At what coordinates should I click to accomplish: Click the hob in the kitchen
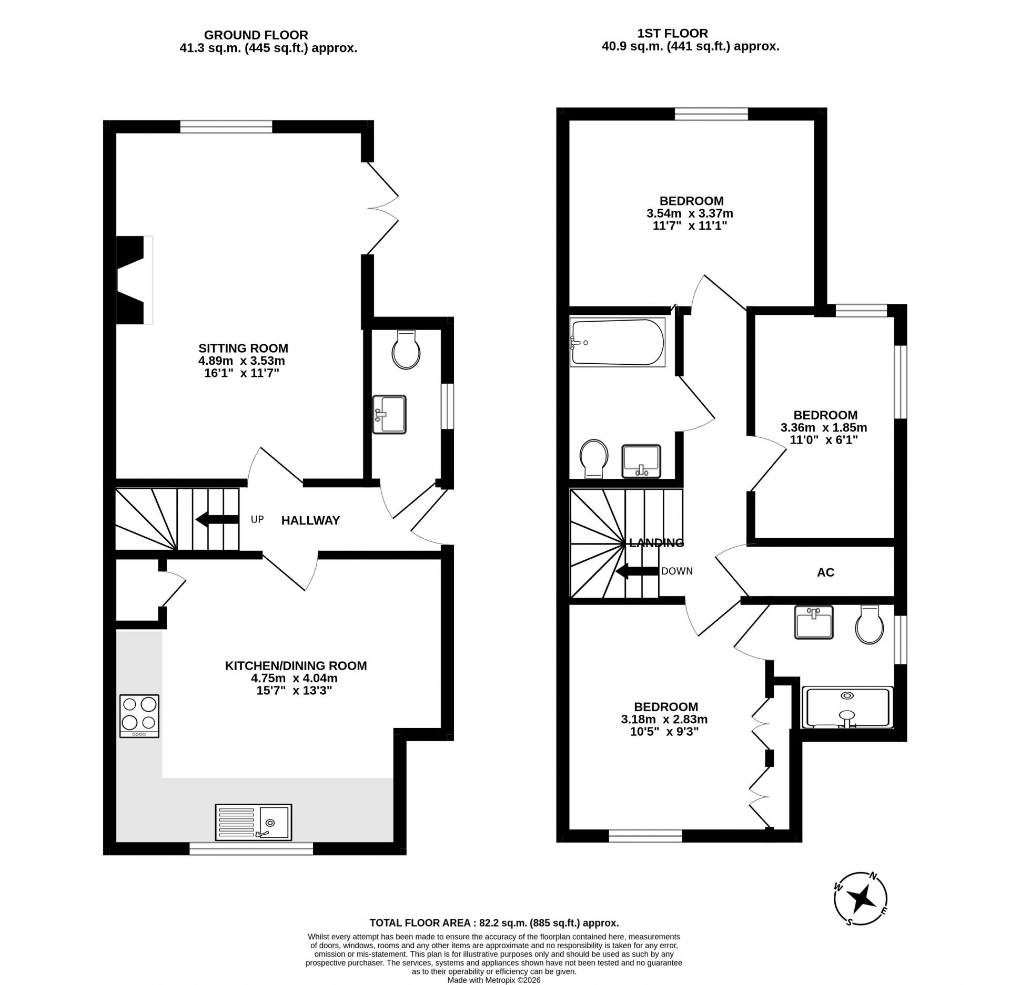(139, 716)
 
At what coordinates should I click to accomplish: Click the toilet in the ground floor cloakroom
(406, 350)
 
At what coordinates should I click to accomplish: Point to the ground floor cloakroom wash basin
(389, 415)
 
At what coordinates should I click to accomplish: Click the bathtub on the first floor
(618, 342)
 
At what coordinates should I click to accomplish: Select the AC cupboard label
(825, 572)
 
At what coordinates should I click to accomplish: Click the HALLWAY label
(310, 520)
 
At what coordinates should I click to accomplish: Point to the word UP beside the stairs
(257, 519)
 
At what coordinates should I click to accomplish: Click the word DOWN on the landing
(677, 571)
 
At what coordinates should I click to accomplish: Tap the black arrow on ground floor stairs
(217, 519)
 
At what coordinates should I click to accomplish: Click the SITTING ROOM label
(243, 348)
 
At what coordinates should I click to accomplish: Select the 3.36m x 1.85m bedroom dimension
(824, 428)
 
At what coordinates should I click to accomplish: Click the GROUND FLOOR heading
(256, 35)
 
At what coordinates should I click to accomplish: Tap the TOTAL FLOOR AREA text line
(494, 922)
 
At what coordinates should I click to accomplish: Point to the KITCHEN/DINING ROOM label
(296, 665)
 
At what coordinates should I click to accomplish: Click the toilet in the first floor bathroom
(594, 459)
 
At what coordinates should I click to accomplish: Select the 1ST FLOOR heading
(672, 33)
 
